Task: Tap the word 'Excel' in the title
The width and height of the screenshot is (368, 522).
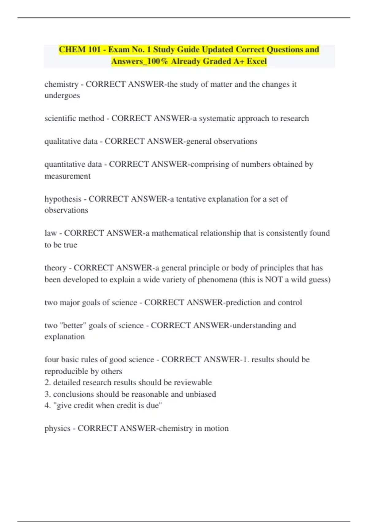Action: pyautogui.click(x=257, y=61)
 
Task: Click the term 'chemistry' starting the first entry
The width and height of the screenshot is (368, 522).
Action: pyautogui.click(x=61, y=84)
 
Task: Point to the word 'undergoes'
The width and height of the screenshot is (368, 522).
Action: pyautogui.click(x=62, y=95)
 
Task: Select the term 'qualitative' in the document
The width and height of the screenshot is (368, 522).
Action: pyautogui.click(x=59, y=142)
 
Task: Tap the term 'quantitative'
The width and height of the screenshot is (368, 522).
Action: pyautogui.click(x=60, y=165)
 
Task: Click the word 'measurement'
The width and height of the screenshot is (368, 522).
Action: pyautogui.click(x=67, y=176)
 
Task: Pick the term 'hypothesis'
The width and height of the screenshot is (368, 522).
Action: pyautogui.click(x=63, y=199)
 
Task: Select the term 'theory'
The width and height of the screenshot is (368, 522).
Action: pyautogui.click(x=55, y=268)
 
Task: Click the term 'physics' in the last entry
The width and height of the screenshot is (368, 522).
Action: pyautogui.click(x=57, y=428)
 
